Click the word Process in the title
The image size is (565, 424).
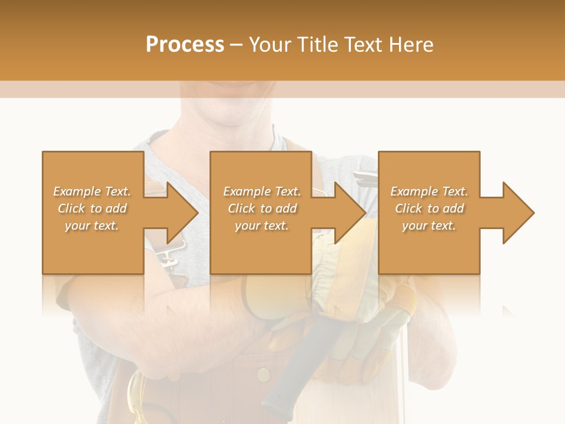point(185,45)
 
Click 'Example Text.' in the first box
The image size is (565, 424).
point(92,191)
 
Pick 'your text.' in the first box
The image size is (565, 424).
point(92,226)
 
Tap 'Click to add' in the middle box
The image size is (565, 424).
point(262,208)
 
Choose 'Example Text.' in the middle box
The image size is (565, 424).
point(262,191)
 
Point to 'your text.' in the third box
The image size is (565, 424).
point(429,226)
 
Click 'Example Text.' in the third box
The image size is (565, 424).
point(429,191)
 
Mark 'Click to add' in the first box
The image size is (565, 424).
point(92,208)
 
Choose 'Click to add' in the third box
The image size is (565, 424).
point(429,208)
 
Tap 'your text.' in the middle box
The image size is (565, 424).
point(262,226)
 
